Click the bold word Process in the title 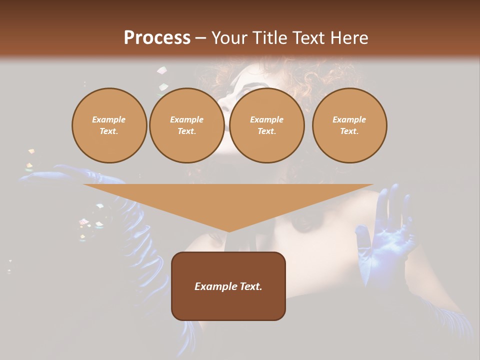[157, 38]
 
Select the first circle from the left [109, 125]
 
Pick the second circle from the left [187, 125]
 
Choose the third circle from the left [266, 125]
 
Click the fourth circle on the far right [349, 125]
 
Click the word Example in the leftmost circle [109, 119]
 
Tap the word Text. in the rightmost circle [349, 131]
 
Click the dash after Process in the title [200, 39]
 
